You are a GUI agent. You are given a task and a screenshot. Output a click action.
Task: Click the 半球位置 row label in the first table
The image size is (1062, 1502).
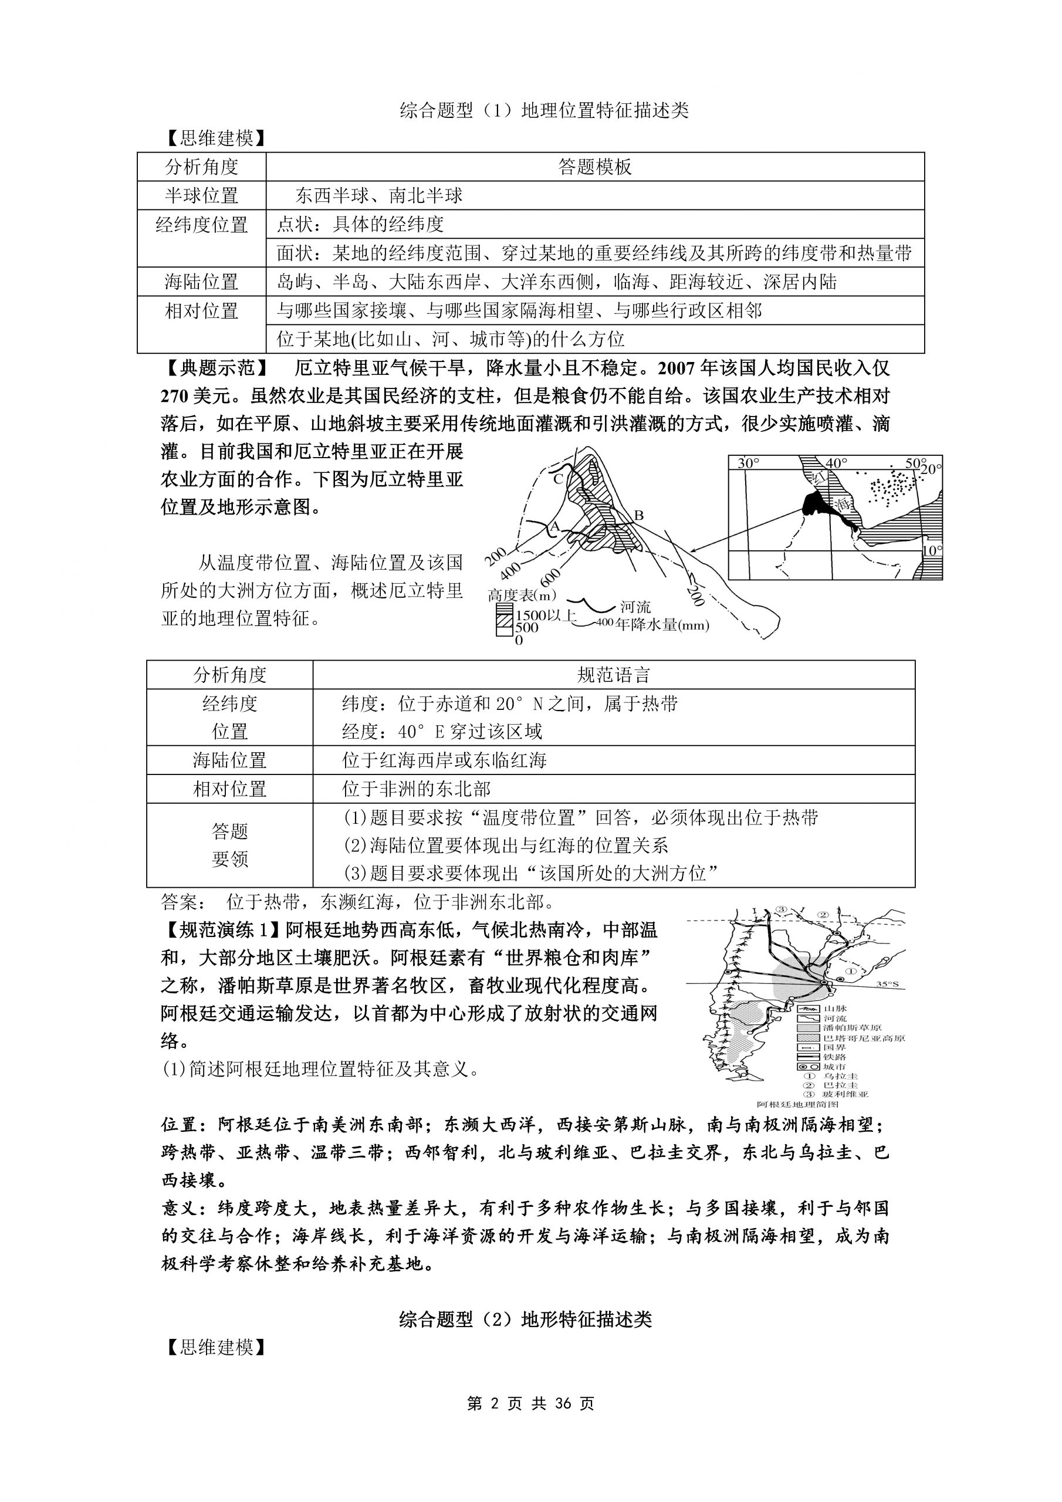pos(201,195)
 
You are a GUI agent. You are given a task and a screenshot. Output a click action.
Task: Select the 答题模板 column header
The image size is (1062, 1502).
pos(594,167)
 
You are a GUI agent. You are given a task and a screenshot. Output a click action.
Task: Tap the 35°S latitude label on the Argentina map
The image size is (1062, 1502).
pos(887,985)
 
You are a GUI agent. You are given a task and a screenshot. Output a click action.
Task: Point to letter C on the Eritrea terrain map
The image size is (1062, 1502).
pos(557,479)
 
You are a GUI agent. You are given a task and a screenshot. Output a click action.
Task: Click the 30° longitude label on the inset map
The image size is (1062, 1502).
pos(749,463)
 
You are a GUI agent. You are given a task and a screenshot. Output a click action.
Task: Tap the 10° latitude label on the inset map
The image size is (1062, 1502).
pos(932,551)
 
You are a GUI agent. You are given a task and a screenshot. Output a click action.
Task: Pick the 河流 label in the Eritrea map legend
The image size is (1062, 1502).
pos(635,607)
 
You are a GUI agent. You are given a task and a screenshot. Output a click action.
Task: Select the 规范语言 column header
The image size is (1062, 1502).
pos(613,675)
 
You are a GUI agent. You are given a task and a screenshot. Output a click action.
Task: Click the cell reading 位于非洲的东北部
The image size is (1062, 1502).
pos(416,789)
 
